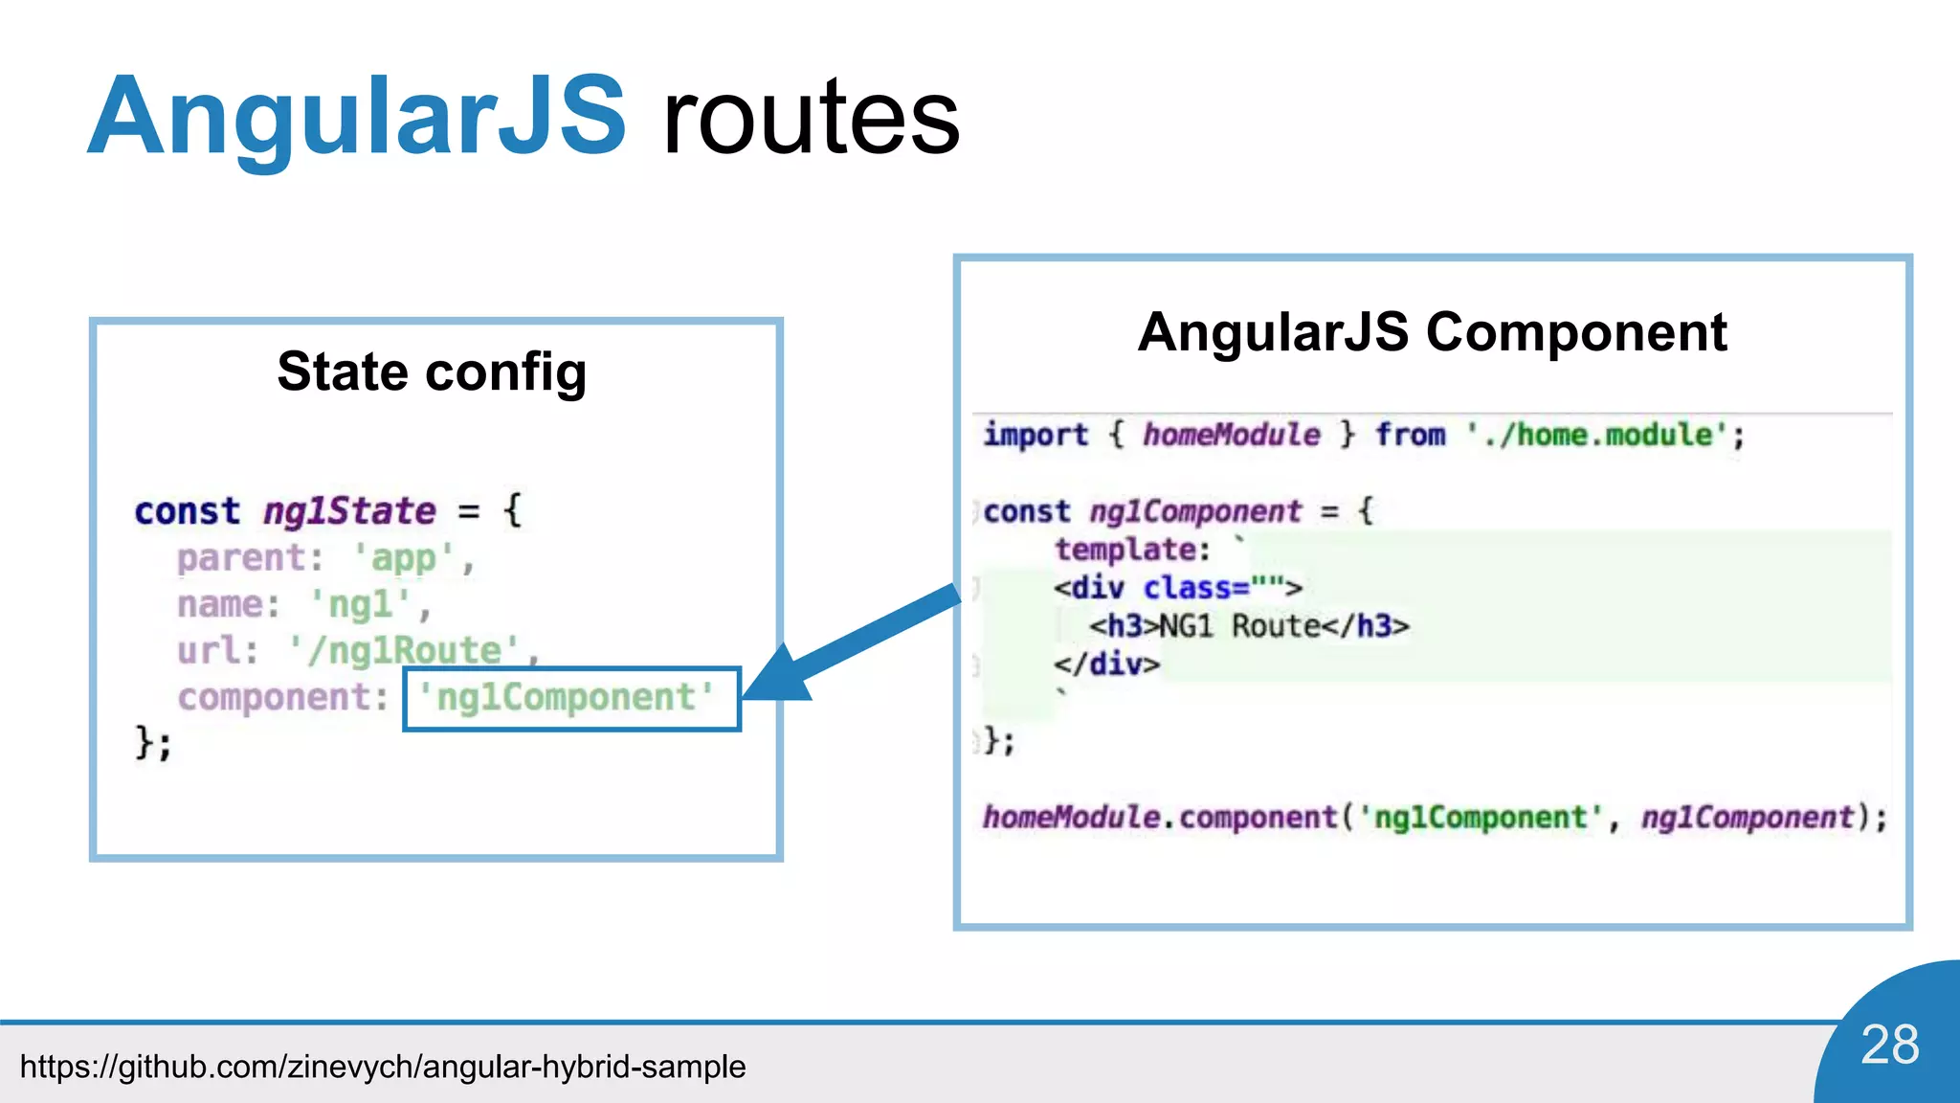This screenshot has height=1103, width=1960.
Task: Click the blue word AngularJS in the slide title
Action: (x=357, y=117)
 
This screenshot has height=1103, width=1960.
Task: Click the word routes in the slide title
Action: (x=811, y=119)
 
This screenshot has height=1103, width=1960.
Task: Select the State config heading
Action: (x=432, y=371)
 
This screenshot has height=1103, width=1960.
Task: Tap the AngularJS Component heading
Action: (x=1432, y=332)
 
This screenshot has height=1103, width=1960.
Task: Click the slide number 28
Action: (x=1889, y=1045)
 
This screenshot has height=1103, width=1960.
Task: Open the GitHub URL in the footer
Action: (x=383, y=1067)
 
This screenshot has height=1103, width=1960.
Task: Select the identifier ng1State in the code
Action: (x=349, y=511)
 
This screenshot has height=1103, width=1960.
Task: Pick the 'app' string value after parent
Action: (x=404, y=558)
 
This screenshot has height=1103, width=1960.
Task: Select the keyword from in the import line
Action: (x=1410, y=435)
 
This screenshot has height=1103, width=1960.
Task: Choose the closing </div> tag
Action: (x=1106, y=664)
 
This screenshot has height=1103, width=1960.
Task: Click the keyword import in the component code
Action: (x=1036, y=435)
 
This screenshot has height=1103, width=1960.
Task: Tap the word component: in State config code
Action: (x=282, y=698)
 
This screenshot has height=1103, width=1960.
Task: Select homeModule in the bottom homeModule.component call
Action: (x=1071, y=817)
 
